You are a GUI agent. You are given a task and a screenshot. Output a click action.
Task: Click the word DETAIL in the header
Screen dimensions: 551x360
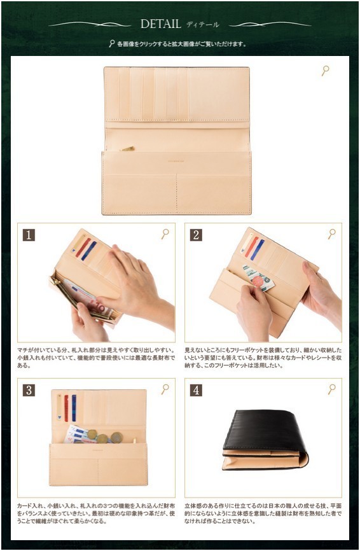161,24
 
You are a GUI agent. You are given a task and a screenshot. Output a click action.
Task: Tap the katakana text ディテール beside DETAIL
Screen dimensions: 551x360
202,25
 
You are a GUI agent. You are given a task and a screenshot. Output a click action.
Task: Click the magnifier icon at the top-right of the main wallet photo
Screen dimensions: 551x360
325,70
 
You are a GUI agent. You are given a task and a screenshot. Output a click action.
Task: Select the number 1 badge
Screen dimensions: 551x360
29,235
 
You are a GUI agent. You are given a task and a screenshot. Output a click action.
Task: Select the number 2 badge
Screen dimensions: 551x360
196,235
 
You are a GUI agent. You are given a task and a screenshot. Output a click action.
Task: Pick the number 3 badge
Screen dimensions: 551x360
29,390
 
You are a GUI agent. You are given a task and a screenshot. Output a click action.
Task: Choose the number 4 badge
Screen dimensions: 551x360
196,390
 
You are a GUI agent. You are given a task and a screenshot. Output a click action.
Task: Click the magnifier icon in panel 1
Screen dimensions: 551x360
165,234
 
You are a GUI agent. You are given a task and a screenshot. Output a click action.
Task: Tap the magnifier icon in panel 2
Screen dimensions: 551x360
331,234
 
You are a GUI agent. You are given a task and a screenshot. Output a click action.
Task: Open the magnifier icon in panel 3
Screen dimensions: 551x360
165,389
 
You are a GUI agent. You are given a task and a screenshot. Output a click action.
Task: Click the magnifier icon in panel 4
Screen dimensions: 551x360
331,389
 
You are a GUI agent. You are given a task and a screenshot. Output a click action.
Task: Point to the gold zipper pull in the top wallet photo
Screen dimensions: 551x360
128,149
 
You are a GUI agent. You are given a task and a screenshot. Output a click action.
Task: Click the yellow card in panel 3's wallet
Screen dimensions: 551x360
59,407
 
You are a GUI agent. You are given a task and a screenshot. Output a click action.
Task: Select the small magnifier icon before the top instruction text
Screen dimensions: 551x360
112,44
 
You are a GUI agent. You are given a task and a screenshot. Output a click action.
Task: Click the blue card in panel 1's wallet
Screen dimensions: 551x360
89,250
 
